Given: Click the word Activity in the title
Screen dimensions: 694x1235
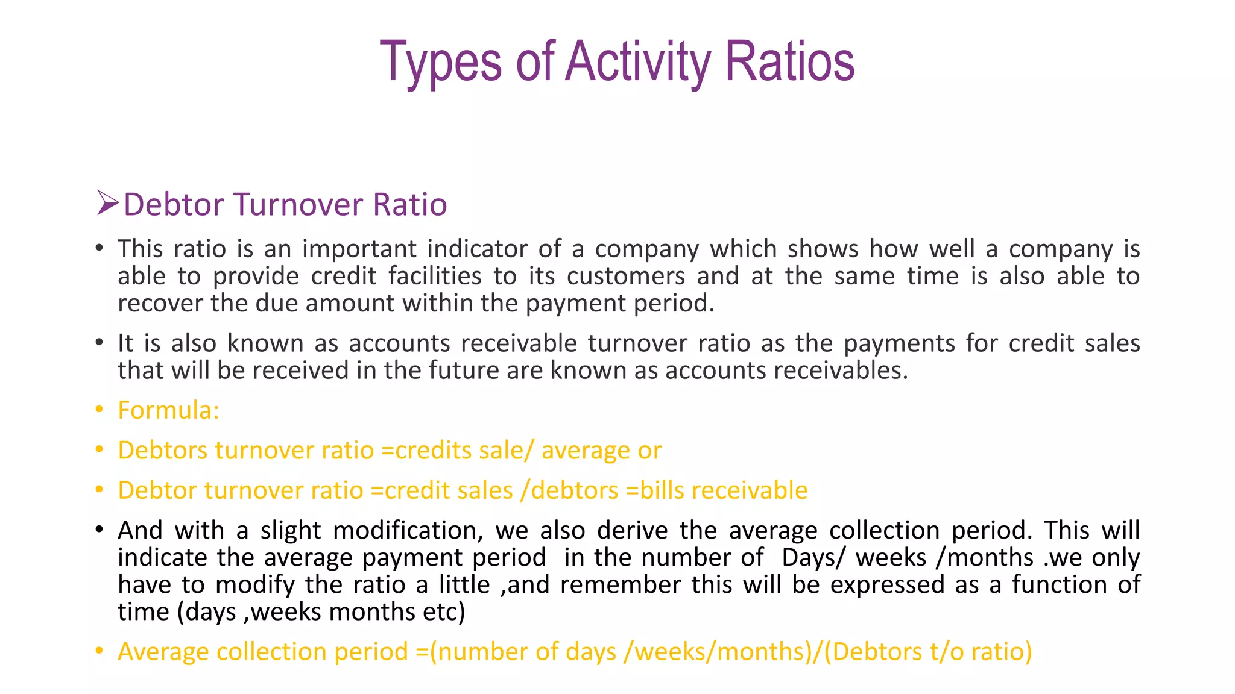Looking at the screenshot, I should [639, 61].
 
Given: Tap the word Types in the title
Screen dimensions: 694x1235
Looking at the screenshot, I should [440, 61].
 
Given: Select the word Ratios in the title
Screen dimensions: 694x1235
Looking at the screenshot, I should [789, 61].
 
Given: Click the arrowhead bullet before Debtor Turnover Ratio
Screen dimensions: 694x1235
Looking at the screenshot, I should [108, 203].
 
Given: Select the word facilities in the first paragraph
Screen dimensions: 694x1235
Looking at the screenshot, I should [435, 276].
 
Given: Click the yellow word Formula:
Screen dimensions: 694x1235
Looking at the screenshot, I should [168, 410].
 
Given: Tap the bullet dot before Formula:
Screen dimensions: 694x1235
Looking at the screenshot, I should [99, 410].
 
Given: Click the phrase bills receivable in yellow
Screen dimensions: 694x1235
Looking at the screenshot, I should [724, 490].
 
